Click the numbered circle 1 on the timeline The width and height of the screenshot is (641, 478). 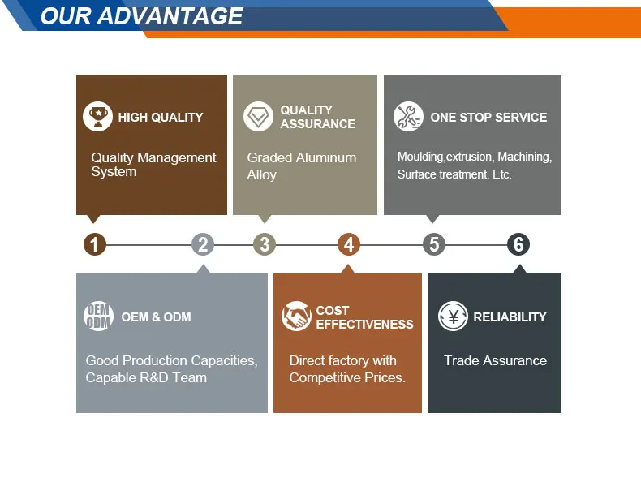point(95,244)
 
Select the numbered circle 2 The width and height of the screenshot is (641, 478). point(203,244)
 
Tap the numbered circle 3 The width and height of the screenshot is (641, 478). point(264,244)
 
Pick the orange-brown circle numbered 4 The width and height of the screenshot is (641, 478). point(349,244)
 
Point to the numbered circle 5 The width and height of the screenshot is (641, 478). point(434,244)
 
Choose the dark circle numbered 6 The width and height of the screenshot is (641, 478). point(518,244)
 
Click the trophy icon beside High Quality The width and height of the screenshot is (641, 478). point(97,117)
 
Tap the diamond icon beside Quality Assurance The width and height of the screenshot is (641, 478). point(258,117)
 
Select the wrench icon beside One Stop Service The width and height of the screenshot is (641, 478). point(408,117)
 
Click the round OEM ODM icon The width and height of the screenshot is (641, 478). point(98,316)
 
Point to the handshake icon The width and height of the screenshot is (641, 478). point(296,317)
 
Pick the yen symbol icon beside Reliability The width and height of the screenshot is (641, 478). point(453,317)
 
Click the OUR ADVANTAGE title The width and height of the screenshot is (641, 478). point(142,16)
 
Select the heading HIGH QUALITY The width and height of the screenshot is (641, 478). point(161,118)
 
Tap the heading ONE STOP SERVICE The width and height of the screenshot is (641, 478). point(488,118)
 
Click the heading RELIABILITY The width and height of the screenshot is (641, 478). point(510,317)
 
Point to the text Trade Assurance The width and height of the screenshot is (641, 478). point(495,360)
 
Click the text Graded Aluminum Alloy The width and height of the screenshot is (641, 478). point(301,166)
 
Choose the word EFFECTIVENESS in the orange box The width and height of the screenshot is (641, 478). point(364,325)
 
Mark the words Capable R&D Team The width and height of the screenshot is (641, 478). point(146,377)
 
